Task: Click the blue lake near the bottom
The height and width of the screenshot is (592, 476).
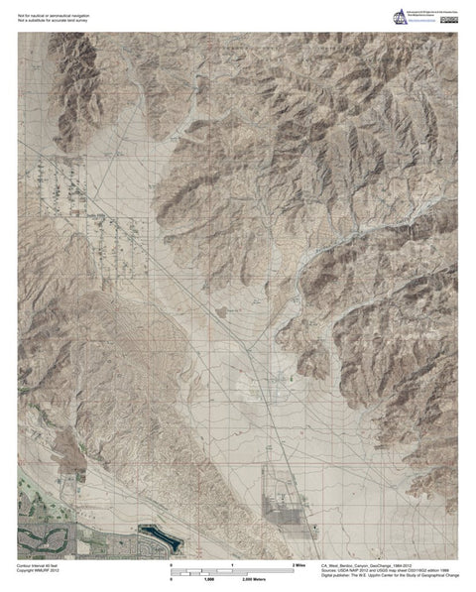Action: tap(160, 541)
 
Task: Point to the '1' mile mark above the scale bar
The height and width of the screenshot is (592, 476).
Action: tap(232, 563)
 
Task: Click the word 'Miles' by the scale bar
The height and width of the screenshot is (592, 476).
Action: tap(301, 563)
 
